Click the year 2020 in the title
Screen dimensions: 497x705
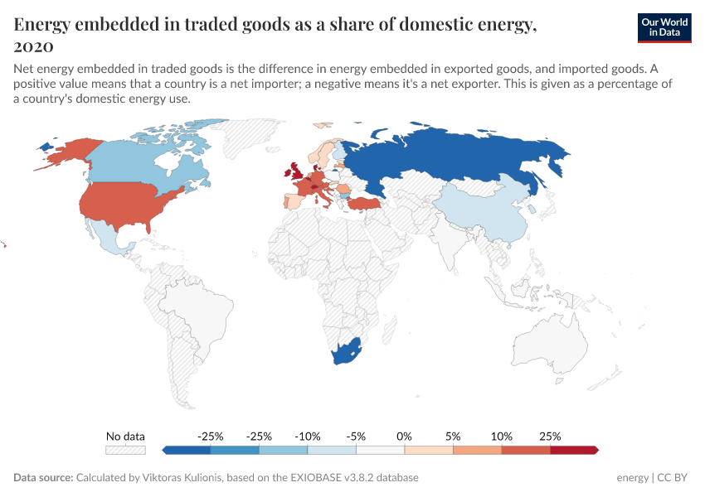[34, 46]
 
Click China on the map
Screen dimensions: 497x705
[481, 211]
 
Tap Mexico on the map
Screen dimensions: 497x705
[111, 240]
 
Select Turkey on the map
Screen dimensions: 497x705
[365, 204]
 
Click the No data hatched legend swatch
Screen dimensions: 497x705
[125, 450]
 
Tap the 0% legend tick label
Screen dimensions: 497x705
[405, 436]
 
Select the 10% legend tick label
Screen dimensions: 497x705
[502, 436]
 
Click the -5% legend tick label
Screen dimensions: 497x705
[356, 436]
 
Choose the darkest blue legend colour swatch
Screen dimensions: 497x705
[186, 450]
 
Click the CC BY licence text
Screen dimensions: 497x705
[673, 478]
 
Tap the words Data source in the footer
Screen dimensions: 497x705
[42, 478]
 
